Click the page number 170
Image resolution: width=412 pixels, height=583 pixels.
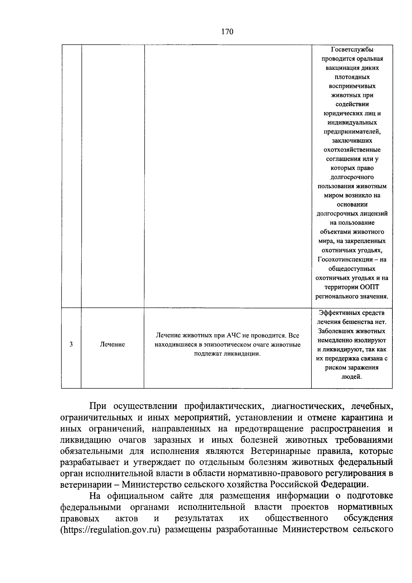coord(227,32)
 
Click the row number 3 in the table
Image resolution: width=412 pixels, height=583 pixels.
coord(71,344)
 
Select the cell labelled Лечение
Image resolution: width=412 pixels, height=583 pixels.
coord(112,344)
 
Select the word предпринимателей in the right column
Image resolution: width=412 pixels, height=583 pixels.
coord(352,132)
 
